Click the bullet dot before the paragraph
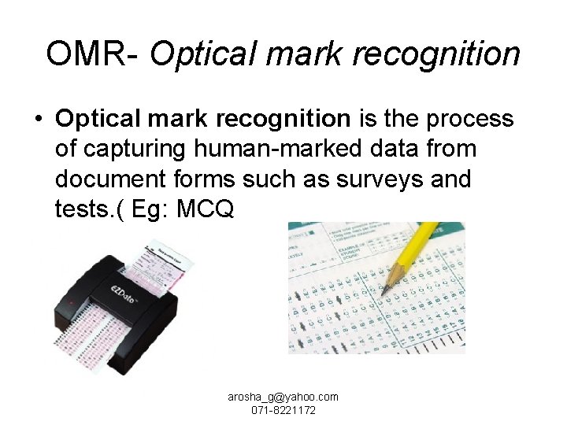[x=38, y=119]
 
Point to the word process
[x=470, y=119]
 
